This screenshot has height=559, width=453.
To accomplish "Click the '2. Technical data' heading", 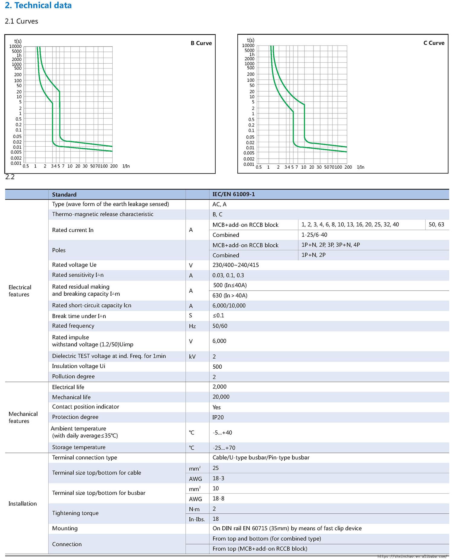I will click(38, 5).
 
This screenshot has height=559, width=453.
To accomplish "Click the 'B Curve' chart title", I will click(201, 43).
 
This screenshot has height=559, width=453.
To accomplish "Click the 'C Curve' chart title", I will click(434, 43).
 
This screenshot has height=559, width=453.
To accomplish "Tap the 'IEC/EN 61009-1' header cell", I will click(233, 194).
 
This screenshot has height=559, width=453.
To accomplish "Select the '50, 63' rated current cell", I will click(436, 224).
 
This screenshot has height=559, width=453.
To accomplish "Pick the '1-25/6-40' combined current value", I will click(314, 235).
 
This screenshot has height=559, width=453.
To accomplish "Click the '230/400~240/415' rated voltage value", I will click(236, 265).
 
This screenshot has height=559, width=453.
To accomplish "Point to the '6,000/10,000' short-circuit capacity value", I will click(229, 306).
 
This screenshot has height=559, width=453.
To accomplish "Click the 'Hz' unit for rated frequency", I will click(192, 326).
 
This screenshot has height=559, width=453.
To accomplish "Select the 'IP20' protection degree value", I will click(218, 417).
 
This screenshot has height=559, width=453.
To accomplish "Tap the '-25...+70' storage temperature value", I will click(224, 448).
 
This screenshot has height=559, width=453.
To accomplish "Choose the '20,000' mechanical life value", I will click(221, 397).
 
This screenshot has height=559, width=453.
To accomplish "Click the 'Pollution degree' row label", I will click(73, 376).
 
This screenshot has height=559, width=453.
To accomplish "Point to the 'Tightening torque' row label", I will click(75, 513).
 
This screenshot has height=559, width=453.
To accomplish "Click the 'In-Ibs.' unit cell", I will click(197, 519).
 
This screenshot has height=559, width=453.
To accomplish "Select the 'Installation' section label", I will click(23, 503).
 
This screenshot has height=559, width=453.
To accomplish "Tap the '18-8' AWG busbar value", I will click(218, 498).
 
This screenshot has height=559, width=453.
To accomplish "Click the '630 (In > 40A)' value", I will click(230, 295).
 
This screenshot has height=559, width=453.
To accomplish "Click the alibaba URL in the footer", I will click(412, 556).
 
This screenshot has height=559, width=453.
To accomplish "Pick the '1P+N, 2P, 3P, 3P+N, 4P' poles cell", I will click(330, 245).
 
